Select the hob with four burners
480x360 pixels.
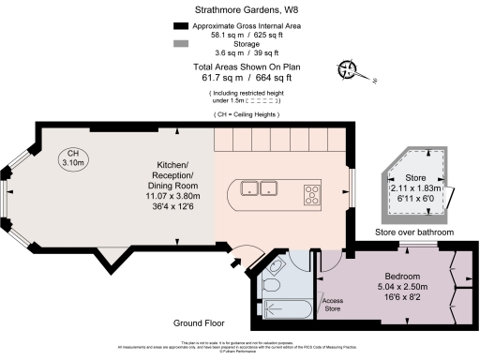click(311, 195)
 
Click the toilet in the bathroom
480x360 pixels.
click(271, 284)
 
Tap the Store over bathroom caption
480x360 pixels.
click(414, 232)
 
